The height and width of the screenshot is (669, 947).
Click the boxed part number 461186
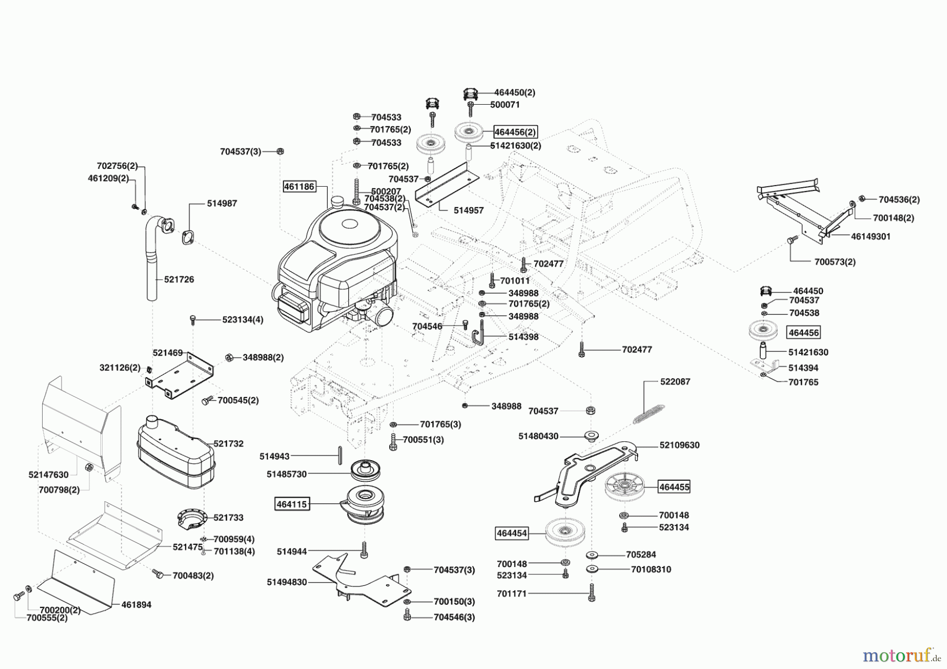299,186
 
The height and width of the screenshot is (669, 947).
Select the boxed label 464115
291,504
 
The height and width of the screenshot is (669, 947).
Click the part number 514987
221,203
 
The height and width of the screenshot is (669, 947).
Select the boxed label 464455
674,487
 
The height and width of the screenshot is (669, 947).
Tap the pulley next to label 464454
566,533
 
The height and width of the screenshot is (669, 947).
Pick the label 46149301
871,237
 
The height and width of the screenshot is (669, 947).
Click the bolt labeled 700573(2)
789,240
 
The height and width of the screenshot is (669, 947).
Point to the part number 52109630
679,445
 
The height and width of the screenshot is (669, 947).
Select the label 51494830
287,582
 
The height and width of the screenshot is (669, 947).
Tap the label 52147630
48,474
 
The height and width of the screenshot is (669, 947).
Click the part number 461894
136,605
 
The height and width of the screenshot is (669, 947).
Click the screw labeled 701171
592,593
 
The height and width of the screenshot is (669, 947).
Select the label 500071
505,105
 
